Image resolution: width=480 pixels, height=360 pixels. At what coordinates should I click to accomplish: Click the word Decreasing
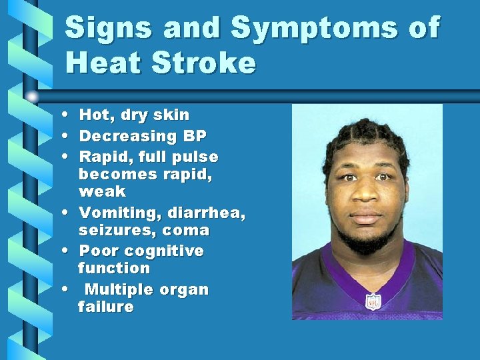point(127,137)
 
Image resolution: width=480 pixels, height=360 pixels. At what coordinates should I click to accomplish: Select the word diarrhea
point(207,214)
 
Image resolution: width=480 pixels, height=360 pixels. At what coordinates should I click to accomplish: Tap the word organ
point(183,290)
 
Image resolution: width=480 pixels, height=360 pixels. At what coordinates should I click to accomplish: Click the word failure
point(105,307)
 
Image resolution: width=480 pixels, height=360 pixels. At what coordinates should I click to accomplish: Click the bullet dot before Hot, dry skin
point(69,115)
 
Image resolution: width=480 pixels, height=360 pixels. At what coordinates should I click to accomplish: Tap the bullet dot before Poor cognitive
point(69,251)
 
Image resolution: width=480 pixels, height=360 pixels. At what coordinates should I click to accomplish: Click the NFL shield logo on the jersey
point(373,302)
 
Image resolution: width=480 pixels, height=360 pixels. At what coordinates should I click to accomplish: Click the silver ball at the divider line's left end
point(32,97)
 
